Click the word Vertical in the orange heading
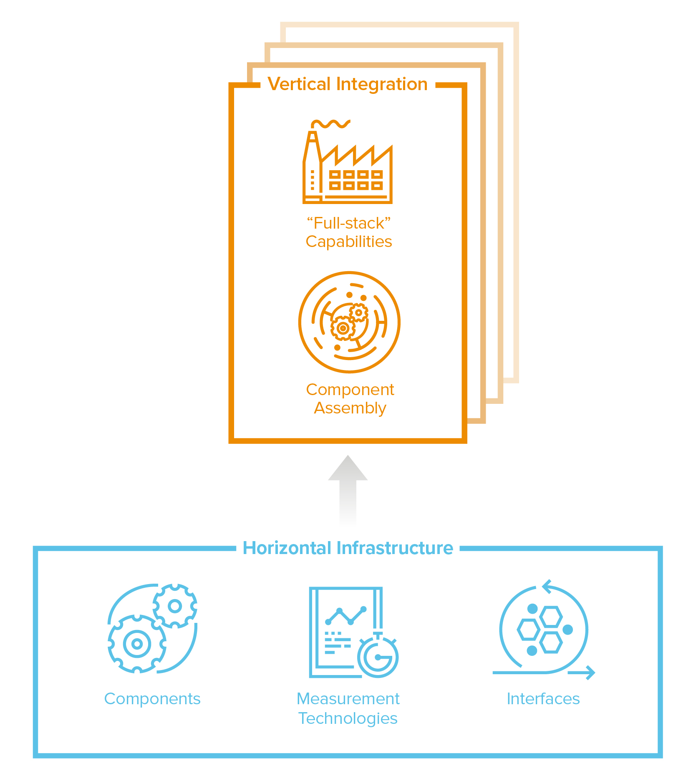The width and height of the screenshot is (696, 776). [299, 84]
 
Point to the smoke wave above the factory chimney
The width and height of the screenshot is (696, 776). [331, 123]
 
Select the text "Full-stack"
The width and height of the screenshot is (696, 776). [348, 224]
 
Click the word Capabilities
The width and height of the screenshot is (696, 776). [348, 242]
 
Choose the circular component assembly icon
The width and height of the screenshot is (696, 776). [349, 322]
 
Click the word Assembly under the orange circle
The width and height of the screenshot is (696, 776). [350, 408]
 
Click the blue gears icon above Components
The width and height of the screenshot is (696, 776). [152, 628]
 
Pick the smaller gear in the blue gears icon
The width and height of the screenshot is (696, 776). [175, 606]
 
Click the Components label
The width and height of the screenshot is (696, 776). [152, 699]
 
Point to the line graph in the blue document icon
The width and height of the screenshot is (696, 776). [345, 616]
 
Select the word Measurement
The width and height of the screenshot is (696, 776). [348, 699]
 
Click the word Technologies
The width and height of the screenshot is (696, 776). [348, 718]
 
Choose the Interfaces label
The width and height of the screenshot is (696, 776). [543, 699]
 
